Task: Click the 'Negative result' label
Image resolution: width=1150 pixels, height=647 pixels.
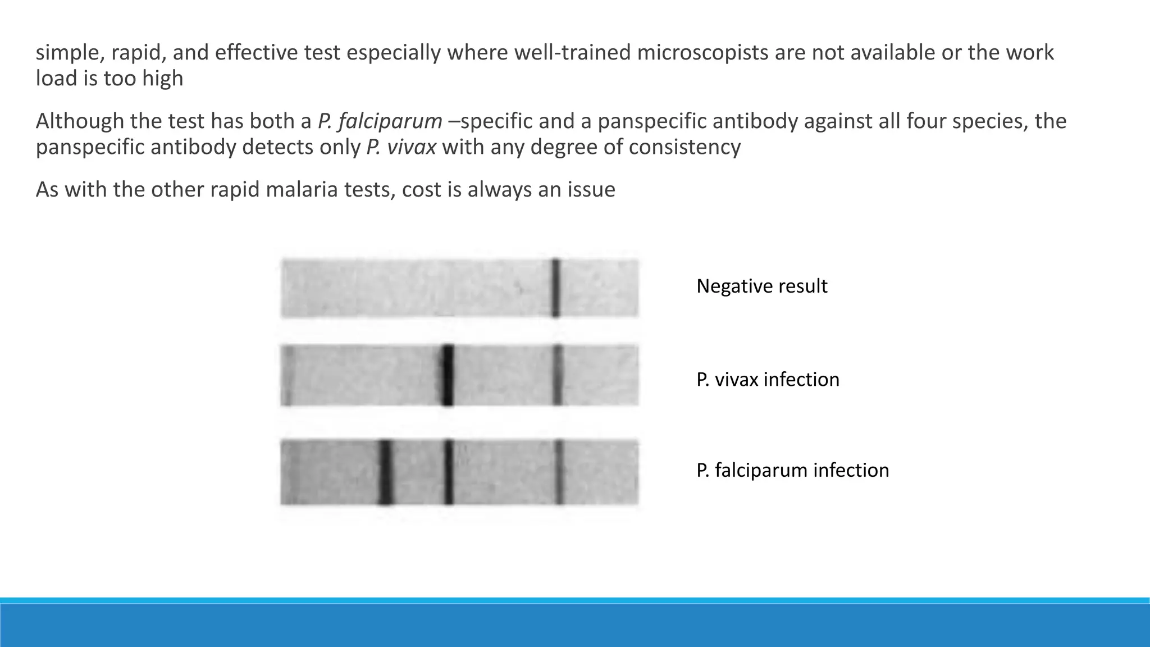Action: click(x=761, y=286)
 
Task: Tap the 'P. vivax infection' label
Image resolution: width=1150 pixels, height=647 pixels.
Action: click(x=768, y=380)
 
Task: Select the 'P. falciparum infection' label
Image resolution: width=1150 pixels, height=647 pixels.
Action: click(x=792, y=470)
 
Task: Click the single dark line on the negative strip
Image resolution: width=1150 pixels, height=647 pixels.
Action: click(x=555, y=288)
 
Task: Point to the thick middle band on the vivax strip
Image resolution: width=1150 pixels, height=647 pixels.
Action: click(x=447, y=375)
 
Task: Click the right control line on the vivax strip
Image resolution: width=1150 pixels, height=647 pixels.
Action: click(x=557, y=375)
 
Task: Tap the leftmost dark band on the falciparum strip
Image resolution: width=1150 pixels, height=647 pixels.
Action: click(x=385, y=472)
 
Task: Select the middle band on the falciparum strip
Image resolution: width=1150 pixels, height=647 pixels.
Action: click(x=448, y=472)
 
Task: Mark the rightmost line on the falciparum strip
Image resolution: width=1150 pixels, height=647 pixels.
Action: click(x=559, y=472)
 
